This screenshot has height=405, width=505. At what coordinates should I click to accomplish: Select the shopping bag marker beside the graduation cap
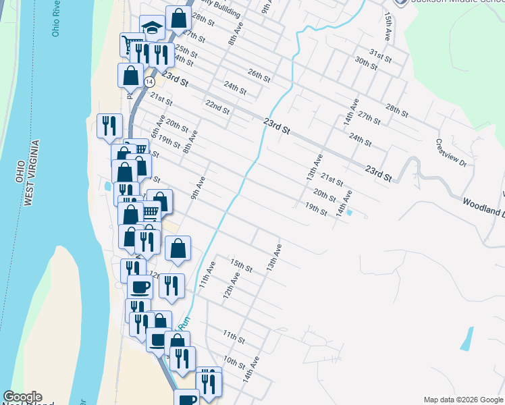[x=178, y=18]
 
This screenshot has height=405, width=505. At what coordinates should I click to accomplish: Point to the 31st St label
[x=381, y=55]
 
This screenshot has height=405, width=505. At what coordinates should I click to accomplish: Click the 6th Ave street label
[x=158, y=128]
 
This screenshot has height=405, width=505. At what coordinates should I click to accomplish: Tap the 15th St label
[x=241, y=264]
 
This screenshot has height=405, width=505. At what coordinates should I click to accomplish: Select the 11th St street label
[x=234, y=336]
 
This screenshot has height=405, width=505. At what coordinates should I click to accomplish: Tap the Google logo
[x=22, y=397]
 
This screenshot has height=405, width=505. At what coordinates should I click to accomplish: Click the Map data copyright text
[x=462, y=400]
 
